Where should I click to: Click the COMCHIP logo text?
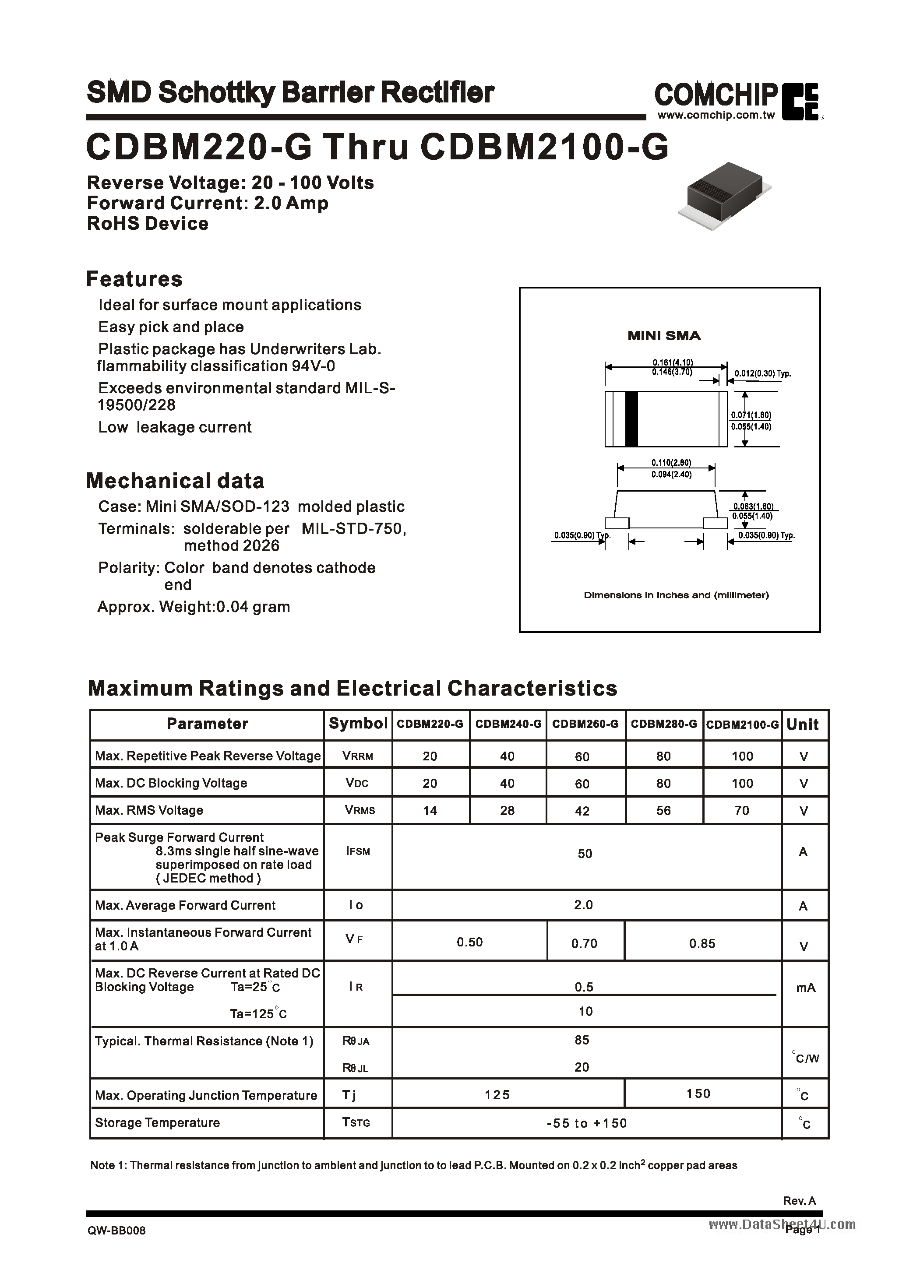[x=716, y=95]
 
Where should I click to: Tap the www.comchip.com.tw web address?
[x=716, y=116]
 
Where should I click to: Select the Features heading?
[x=134, y=279]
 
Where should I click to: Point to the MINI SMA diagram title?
[x=664, y=336]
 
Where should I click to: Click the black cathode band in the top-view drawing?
[x=631, y=419]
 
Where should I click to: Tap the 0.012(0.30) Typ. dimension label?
[x=762, y=374]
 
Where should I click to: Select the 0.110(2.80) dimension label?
[x=671, y=462]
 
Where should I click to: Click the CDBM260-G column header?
[x=585, y=724]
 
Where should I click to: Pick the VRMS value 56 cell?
[x=663, y=810]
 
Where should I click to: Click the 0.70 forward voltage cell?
[x=584, y=943]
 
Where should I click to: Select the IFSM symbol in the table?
[x=358, y=851]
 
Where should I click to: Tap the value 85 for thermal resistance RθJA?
[x=582, y=1040]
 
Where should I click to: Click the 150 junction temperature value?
[x=698, y=1093]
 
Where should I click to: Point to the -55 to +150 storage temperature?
[x=586, y=1123]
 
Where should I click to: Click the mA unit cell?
[x=805, y=988]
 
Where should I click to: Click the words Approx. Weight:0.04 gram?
[x=194, y=607]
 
